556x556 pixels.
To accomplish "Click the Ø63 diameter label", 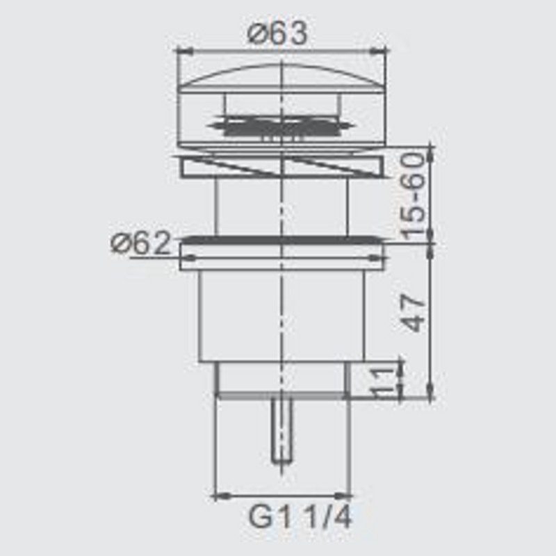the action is pos(277,33).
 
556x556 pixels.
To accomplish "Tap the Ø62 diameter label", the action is pos(141,244).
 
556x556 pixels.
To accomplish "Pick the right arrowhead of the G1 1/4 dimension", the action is pos(343,496).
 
